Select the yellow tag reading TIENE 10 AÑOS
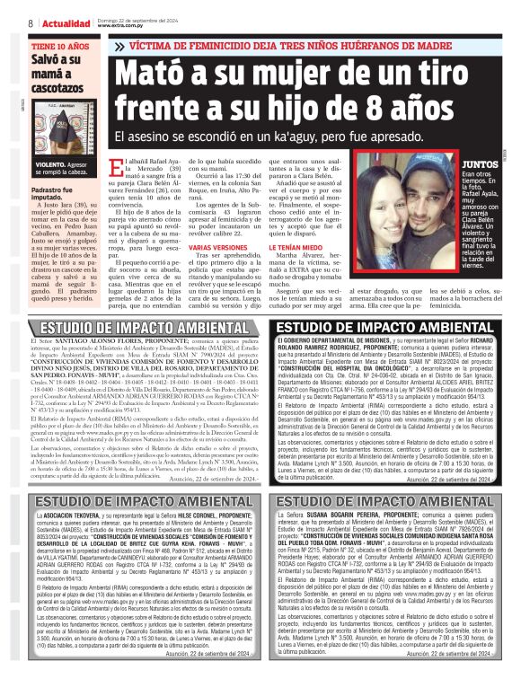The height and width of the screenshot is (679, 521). click(x=61, y=44)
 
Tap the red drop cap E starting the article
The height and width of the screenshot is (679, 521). click(x=137, y=165)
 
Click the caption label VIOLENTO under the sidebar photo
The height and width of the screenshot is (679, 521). click(x=51, y=166)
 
